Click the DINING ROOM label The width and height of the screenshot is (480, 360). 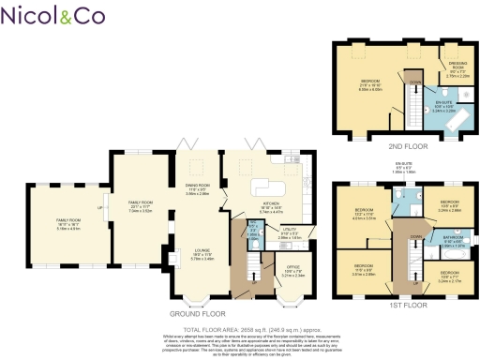coord(197,190)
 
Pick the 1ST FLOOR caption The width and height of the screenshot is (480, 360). coord(404,305)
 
